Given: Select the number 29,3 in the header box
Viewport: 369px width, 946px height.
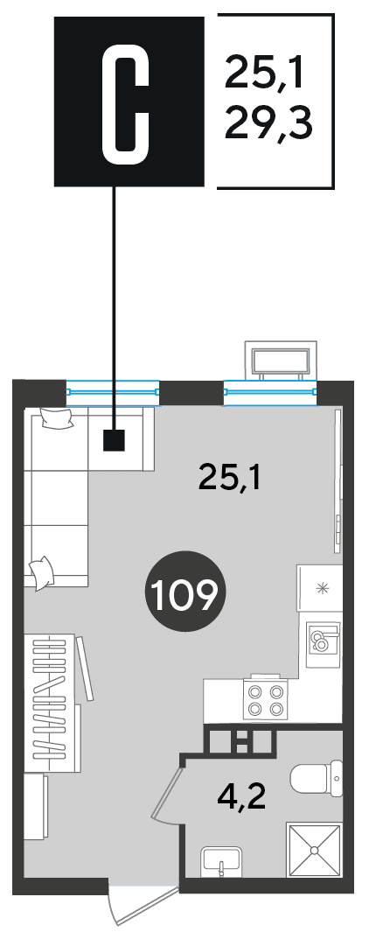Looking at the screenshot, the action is pos(269,123).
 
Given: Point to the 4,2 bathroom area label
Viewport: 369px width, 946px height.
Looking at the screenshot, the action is pos(241,797).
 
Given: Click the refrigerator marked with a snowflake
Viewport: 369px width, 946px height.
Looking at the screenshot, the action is pos(319,589).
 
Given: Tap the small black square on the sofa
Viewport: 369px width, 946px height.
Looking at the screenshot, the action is pos(114,440).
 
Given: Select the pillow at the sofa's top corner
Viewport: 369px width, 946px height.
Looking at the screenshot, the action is pos(57,417).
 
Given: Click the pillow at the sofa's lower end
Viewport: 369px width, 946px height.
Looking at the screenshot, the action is pos(42,571).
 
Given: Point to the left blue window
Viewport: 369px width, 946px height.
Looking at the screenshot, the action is pos(113,391).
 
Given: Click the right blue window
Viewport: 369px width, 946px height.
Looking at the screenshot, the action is pos(270,391).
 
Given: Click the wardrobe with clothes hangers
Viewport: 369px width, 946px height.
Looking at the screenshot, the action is pos(53,703).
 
